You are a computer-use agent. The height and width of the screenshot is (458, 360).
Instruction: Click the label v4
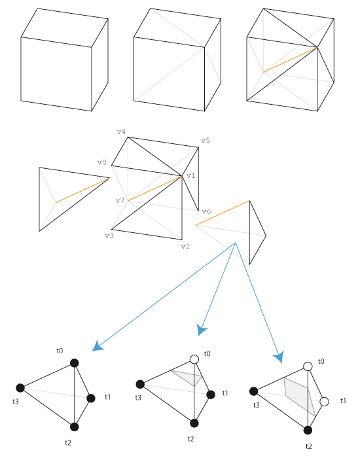click(121, 132)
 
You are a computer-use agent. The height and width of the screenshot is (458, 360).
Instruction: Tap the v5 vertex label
click(206, 140)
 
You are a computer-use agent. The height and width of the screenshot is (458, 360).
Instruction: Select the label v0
click(101, 162)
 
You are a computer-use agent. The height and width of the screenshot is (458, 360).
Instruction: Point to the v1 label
click(191, 175)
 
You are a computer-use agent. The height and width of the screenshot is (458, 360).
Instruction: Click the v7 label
click(120, 200)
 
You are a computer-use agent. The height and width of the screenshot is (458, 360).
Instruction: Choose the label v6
click(206, 211)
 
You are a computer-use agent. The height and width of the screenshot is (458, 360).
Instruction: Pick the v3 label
click(109, 236)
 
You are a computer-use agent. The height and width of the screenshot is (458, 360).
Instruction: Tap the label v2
click(185, 246)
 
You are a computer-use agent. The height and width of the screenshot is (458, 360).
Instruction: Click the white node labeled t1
click(325, 401)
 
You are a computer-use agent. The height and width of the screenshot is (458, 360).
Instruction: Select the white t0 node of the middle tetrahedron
click(194, 359)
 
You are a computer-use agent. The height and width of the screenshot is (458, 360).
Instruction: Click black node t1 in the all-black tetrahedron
click(91, 398)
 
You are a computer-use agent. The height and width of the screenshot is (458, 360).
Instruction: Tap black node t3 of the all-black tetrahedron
click(20, 388)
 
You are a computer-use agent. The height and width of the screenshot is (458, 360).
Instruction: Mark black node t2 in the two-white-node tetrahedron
click(308, 430)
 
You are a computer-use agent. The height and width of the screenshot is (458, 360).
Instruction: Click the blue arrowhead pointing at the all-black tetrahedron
click(98, 346)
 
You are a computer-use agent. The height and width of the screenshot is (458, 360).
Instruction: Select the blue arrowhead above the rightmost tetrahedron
click(279, 357)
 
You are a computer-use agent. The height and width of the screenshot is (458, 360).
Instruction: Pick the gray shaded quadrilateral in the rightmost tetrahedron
click(298, 395)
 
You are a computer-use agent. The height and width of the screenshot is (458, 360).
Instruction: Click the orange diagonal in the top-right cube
click(291, 60)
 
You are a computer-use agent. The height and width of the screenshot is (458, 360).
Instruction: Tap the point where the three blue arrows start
click(236, 243)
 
